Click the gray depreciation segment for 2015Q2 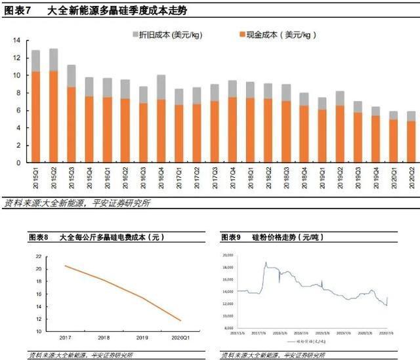pos(53,60)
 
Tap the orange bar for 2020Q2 pos(411,142)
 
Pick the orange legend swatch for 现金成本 pos(241,33)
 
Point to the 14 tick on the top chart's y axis pos(17,41)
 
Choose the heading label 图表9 pos(232,237)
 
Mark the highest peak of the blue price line pos(266,263)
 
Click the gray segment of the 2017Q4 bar pos(232,89)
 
